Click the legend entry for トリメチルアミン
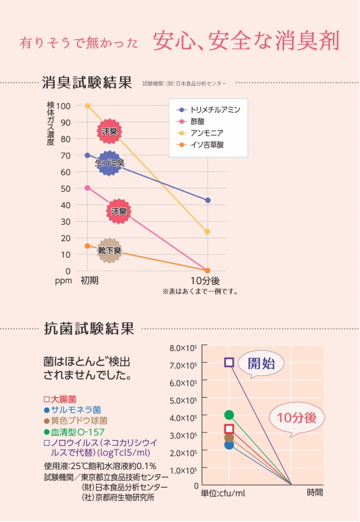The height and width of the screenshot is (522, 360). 209,110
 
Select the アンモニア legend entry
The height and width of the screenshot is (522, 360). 201,133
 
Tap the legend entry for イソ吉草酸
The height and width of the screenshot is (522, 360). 201,145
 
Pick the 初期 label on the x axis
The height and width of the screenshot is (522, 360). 90,280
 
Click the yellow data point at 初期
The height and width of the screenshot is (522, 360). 87,106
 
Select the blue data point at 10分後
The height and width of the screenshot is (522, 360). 208,200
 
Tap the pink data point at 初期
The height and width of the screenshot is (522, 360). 87,188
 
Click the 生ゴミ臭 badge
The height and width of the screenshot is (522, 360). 110,163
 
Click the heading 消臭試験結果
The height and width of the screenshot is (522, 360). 86,83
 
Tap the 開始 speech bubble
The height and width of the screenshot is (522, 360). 261,364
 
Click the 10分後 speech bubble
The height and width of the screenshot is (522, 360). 297,418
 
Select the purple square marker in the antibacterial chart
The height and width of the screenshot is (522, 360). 229,363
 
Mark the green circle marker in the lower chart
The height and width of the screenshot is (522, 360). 229,415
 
